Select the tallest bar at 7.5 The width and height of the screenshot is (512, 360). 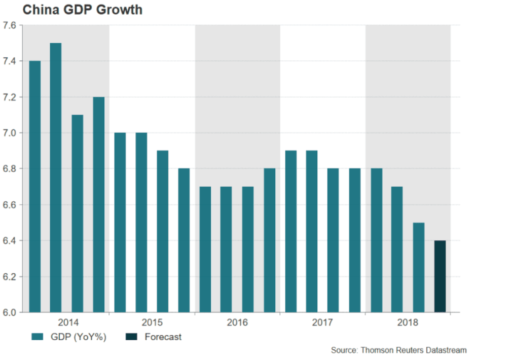[x=56, y=177]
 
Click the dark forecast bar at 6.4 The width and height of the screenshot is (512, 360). [x=440, y=276]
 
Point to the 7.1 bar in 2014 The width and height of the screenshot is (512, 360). [x=77, y=213]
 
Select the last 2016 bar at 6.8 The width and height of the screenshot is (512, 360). [x=269, y=240]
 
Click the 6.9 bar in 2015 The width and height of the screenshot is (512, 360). [x=162, y=231]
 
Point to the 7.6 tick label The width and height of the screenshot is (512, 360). [x=10, y=25]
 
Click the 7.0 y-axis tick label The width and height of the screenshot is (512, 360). [x=10, y=133]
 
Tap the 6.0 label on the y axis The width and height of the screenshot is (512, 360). [x=10, y=313]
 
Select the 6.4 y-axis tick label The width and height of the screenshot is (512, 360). [x=10, y=241]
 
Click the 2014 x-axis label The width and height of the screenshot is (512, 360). [x=68, y=322]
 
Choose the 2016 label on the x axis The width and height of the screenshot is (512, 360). [x=237, y=322]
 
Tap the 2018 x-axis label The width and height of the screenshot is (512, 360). [x=408, y=322]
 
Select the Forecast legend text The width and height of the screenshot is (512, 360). [x=163, y=337]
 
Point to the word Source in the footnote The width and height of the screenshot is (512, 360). [x=343, y=350]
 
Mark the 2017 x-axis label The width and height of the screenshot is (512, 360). [x=322, y=322]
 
